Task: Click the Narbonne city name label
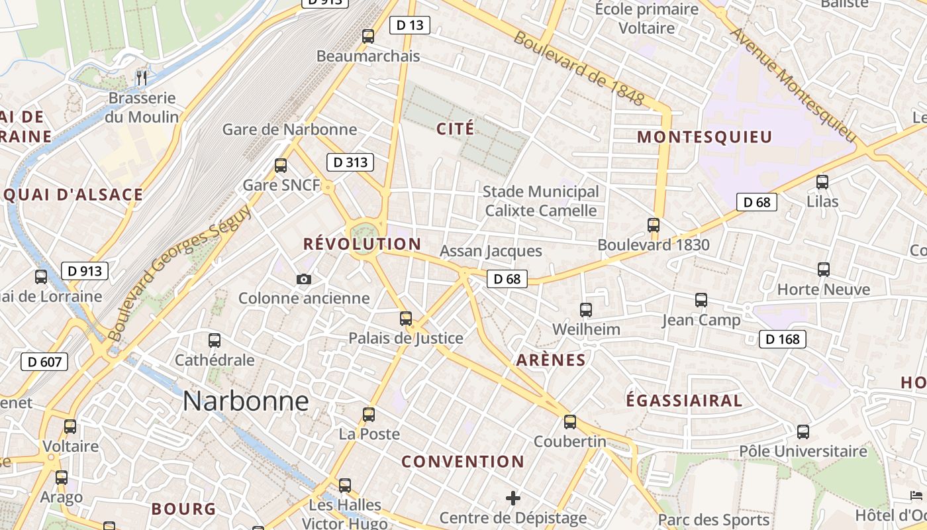[246, 401]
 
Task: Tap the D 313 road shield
[350, 162]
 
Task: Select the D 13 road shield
[409, 25]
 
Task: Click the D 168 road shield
[782, 339]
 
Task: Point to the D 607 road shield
[44, 362]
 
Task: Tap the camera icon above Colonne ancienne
[304, 280]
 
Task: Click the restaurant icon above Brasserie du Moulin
[141, 78]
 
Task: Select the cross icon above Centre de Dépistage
[513, 498]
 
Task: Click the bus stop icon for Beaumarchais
[368, 36]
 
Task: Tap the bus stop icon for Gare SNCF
[281, 166]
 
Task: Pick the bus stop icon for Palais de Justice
[406, 319]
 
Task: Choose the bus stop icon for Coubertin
[569, 422]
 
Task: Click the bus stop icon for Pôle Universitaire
[803, 432]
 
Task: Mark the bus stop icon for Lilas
[822, 182]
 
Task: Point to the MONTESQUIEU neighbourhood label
[705, 137]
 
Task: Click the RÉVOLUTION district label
[362, 244]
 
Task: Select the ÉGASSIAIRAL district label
[684, 401]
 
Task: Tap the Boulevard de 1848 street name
[579, 68]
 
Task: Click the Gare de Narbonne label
[289, 129]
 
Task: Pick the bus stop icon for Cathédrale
[215, 341]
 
